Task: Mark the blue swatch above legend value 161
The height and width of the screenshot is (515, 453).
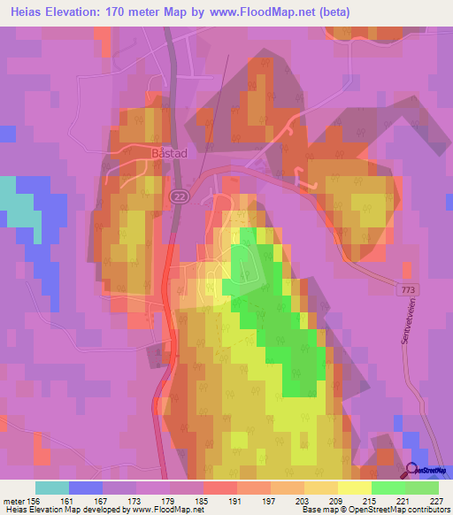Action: [86, 487]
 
